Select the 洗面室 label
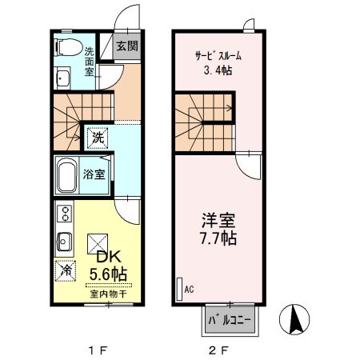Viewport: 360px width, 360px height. pyautogui.click(x=90, y=61)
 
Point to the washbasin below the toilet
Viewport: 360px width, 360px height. pyautogui.click(x=62, y=78)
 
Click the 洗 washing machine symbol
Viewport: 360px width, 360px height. pyautogui.click(x=96, y=138)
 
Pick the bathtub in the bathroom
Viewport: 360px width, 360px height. pyautogui.click(x=67, y=174)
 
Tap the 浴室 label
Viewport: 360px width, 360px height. pyautogui.click(x=95, y=174)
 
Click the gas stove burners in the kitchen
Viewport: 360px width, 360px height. pyautogui.click(x=62, y=214)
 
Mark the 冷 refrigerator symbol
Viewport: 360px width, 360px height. pyautogui.click(x=63, y=271)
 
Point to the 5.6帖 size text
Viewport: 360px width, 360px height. pyautogui.click(x=108, y=274)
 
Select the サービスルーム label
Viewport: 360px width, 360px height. pyautogui.click(x=218, y=56)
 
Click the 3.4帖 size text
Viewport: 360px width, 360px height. pyautogui.click(x=218, y=70)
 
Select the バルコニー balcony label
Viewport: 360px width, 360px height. pyautogui.click(x=230, y=321)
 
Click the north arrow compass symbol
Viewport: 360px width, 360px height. pyautogui.click(x=294, y=320)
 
